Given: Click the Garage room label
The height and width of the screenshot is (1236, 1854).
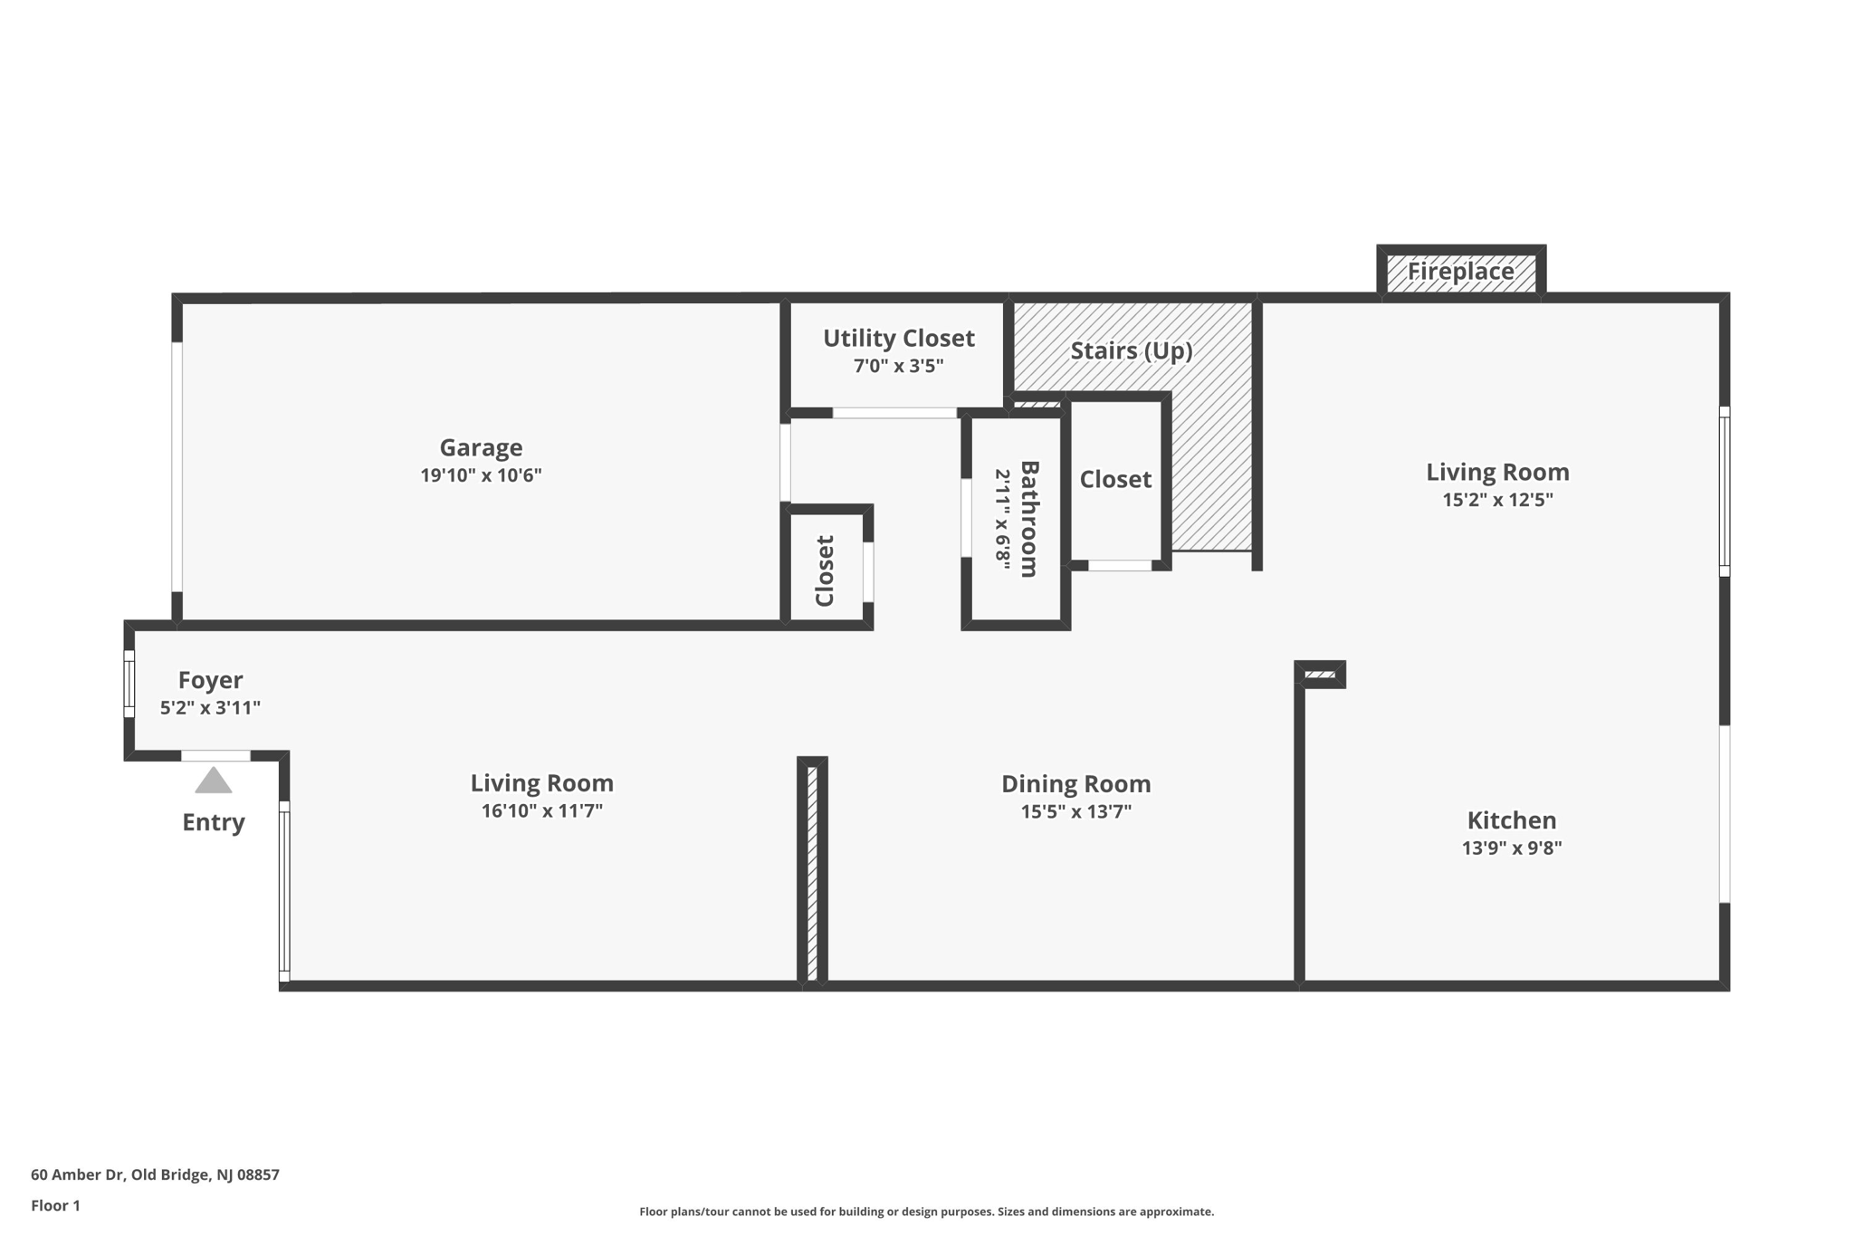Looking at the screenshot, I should coord(481,447).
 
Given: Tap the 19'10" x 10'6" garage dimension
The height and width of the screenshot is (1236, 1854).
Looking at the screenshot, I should coord(481,475).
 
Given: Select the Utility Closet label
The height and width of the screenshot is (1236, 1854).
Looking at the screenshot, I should coord(898,338).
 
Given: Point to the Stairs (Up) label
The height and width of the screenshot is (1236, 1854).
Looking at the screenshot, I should coord(1131,350).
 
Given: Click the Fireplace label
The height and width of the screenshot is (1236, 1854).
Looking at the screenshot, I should coord(1460,271).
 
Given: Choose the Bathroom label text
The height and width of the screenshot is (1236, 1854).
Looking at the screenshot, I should coord(1029,519).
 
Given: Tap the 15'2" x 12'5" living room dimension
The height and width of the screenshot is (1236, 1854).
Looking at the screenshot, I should coord(1497,500).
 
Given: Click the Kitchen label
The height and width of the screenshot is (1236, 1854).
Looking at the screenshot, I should coord(1511,820).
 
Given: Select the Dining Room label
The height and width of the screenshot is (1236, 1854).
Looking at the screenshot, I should coord(1075,783).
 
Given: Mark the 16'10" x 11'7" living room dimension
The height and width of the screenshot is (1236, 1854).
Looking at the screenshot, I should coord(541,810).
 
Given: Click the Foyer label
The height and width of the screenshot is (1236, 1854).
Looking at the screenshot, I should coord(210,680).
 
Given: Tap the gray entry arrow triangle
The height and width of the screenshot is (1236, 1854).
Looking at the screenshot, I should coord(214,781).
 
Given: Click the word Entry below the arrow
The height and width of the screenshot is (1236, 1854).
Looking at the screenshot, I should coord(214,822).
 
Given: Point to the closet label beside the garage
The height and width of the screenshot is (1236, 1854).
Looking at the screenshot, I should coord(824,570).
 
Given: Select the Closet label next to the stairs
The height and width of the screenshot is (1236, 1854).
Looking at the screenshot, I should coord(1115,479).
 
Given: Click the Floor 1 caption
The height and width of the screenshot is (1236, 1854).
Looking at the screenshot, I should coord(55,1205).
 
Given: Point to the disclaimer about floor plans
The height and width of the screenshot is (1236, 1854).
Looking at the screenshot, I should coord(926,1212).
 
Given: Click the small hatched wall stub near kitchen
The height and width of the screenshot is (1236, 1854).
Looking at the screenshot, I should coord(1321,675).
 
